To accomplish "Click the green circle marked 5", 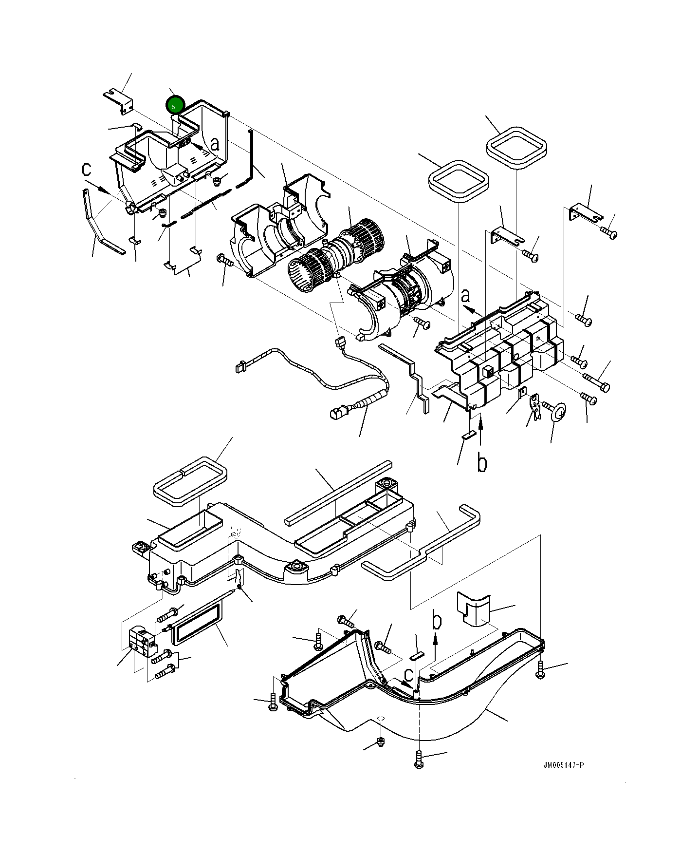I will click(x=174, y=105).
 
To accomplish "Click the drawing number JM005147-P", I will click(x=563, y=765).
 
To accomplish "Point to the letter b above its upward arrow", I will click(x=437, y=620).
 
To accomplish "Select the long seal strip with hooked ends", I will click(x=422, y=544).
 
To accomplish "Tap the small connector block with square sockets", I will click(x=143, y=642).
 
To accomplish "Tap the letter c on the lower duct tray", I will click(x=409, y=674).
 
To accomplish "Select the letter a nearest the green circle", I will click(x=214, y=144).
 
